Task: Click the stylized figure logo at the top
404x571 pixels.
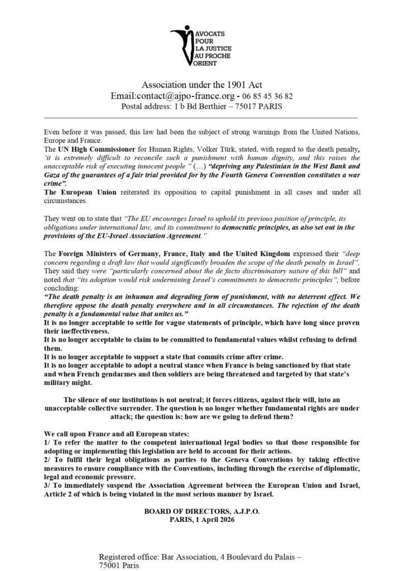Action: click(x=182, y=43)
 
